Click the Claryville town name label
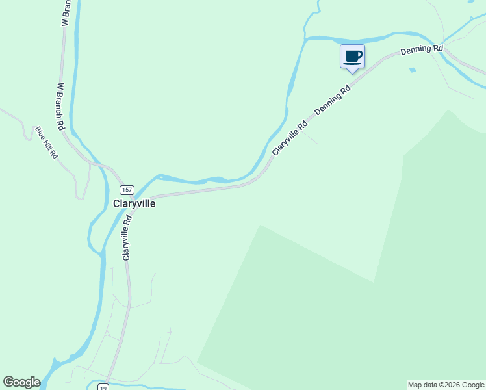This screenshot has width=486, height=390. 134,203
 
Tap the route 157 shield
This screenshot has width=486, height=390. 127,189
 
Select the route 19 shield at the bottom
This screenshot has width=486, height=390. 103,387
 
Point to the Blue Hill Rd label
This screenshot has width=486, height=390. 47,142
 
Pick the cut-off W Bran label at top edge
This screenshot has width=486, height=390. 65,13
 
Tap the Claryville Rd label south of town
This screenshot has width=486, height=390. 127,239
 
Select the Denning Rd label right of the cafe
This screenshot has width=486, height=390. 422,49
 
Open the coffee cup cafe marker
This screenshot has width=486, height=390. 353,56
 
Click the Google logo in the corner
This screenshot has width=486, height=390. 21,382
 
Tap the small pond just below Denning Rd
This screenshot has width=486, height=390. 413,70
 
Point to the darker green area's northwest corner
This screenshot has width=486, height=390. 260,226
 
